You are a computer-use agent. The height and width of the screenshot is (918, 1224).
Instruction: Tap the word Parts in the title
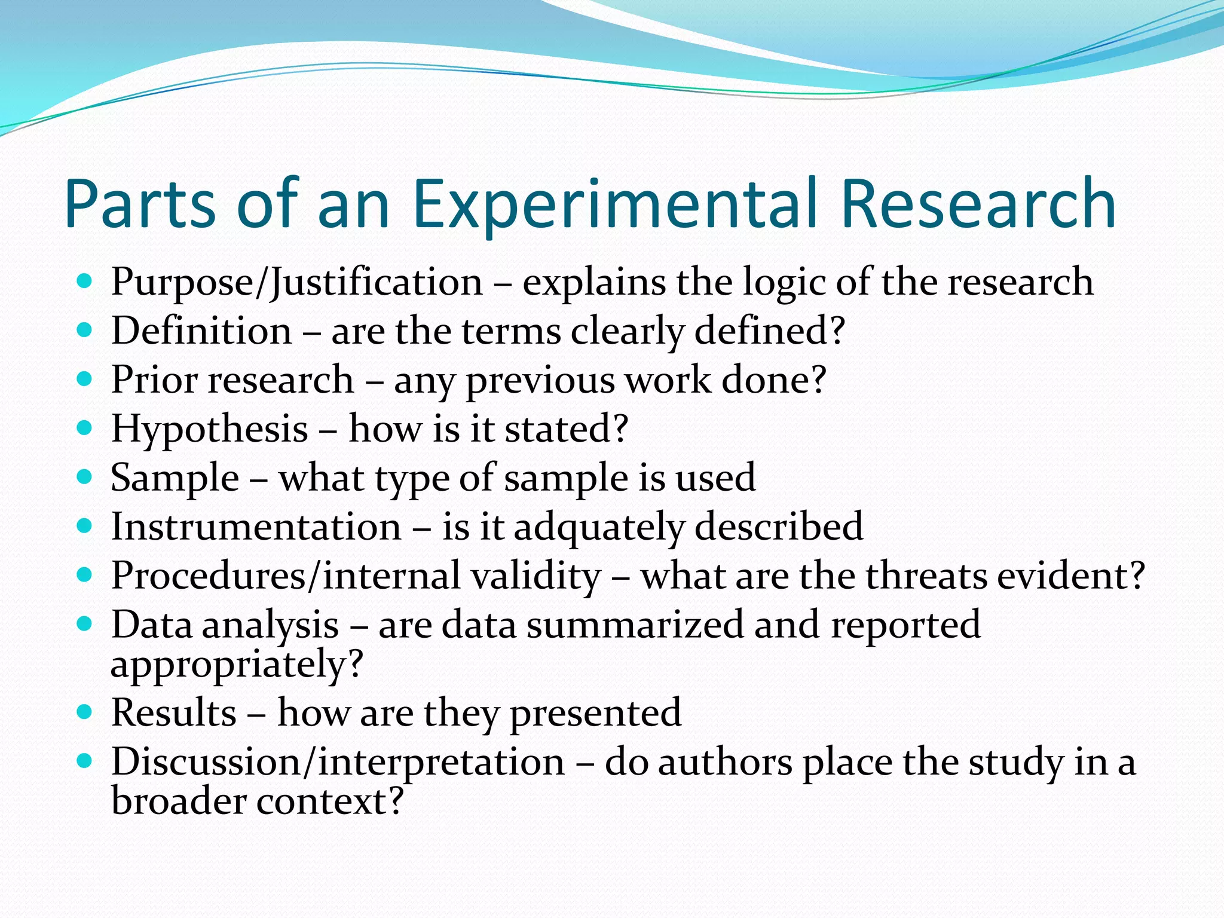[x=139, y=204]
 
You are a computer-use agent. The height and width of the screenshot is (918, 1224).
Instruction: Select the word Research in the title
[x=978, y=204]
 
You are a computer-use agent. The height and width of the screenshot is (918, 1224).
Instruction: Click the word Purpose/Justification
[x=296, y=282]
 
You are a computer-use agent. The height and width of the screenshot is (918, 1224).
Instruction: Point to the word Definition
[x=201, y=331]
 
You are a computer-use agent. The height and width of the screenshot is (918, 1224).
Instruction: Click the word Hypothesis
[x=209, y=430]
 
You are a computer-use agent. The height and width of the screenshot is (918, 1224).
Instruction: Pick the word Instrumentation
[x=256, y=527]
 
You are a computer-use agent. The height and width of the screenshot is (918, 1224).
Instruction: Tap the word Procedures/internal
[x=356, y=576]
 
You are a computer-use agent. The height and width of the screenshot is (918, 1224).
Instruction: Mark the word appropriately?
[x=237, y=665]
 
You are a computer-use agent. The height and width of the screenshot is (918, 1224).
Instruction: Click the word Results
[x=174, y=713]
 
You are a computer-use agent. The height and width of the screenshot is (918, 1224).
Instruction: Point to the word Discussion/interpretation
[x=338, y=763]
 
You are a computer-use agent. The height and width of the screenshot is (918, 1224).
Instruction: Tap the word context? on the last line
[x=330, y=801]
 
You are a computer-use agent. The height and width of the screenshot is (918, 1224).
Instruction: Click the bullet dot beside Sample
[x=85, y=477]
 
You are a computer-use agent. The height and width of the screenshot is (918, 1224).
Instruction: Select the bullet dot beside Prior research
[x=85, y=379]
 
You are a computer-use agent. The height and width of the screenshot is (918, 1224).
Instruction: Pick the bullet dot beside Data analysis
[x=85, y=624]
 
